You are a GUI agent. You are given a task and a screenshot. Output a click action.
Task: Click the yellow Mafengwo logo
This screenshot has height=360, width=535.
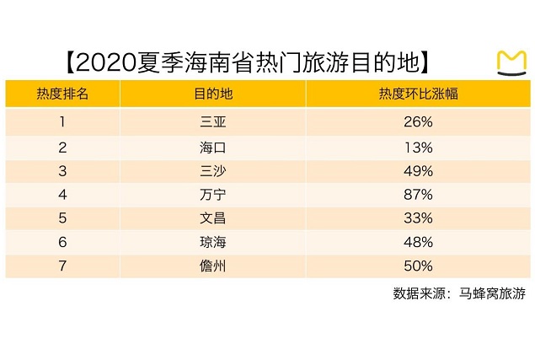(x=511, y=64)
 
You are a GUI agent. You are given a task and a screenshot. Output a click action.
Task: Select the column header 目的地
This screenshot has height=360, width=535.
(x=212, y=94)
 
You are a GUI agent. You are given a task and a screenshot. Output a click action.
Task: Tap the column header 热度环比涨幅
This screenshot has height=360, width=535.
(x=418, y=94)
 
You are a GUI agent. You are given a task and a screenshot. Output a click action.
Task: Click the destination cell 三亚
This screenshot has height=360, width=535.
(x=212, y=122)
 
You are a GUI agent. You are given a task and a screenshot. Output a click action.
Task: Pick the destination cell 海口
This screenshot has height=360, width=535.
(x=212, y=147)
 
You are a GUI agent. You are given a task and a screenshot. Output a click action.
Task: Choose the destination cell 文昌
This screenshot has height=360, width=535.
(x=212, y=218)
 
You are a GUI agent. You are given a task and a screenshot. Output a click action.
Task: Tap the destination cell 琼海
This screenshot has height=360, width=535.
(x=212, y=243)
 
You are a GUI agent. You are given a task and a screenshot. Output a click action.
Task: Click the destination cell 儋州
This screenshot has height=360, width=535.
(x=212, y=266)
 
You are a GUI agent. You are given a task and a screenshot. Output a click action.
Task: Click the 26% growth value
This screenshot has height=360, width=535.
(x=418, y=122)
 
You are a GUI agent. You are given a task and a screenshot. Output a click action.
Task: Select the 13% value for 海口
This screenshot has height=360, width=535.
(x=418, y=147)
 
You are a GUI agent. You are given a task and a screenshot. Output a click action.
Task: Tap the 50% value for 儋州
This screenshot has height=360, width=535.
(x=418, y=266)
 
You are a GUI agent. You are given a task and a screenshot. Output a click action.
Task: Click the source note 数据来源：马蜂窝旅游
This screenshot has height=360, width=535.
(x=458, y=294)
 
